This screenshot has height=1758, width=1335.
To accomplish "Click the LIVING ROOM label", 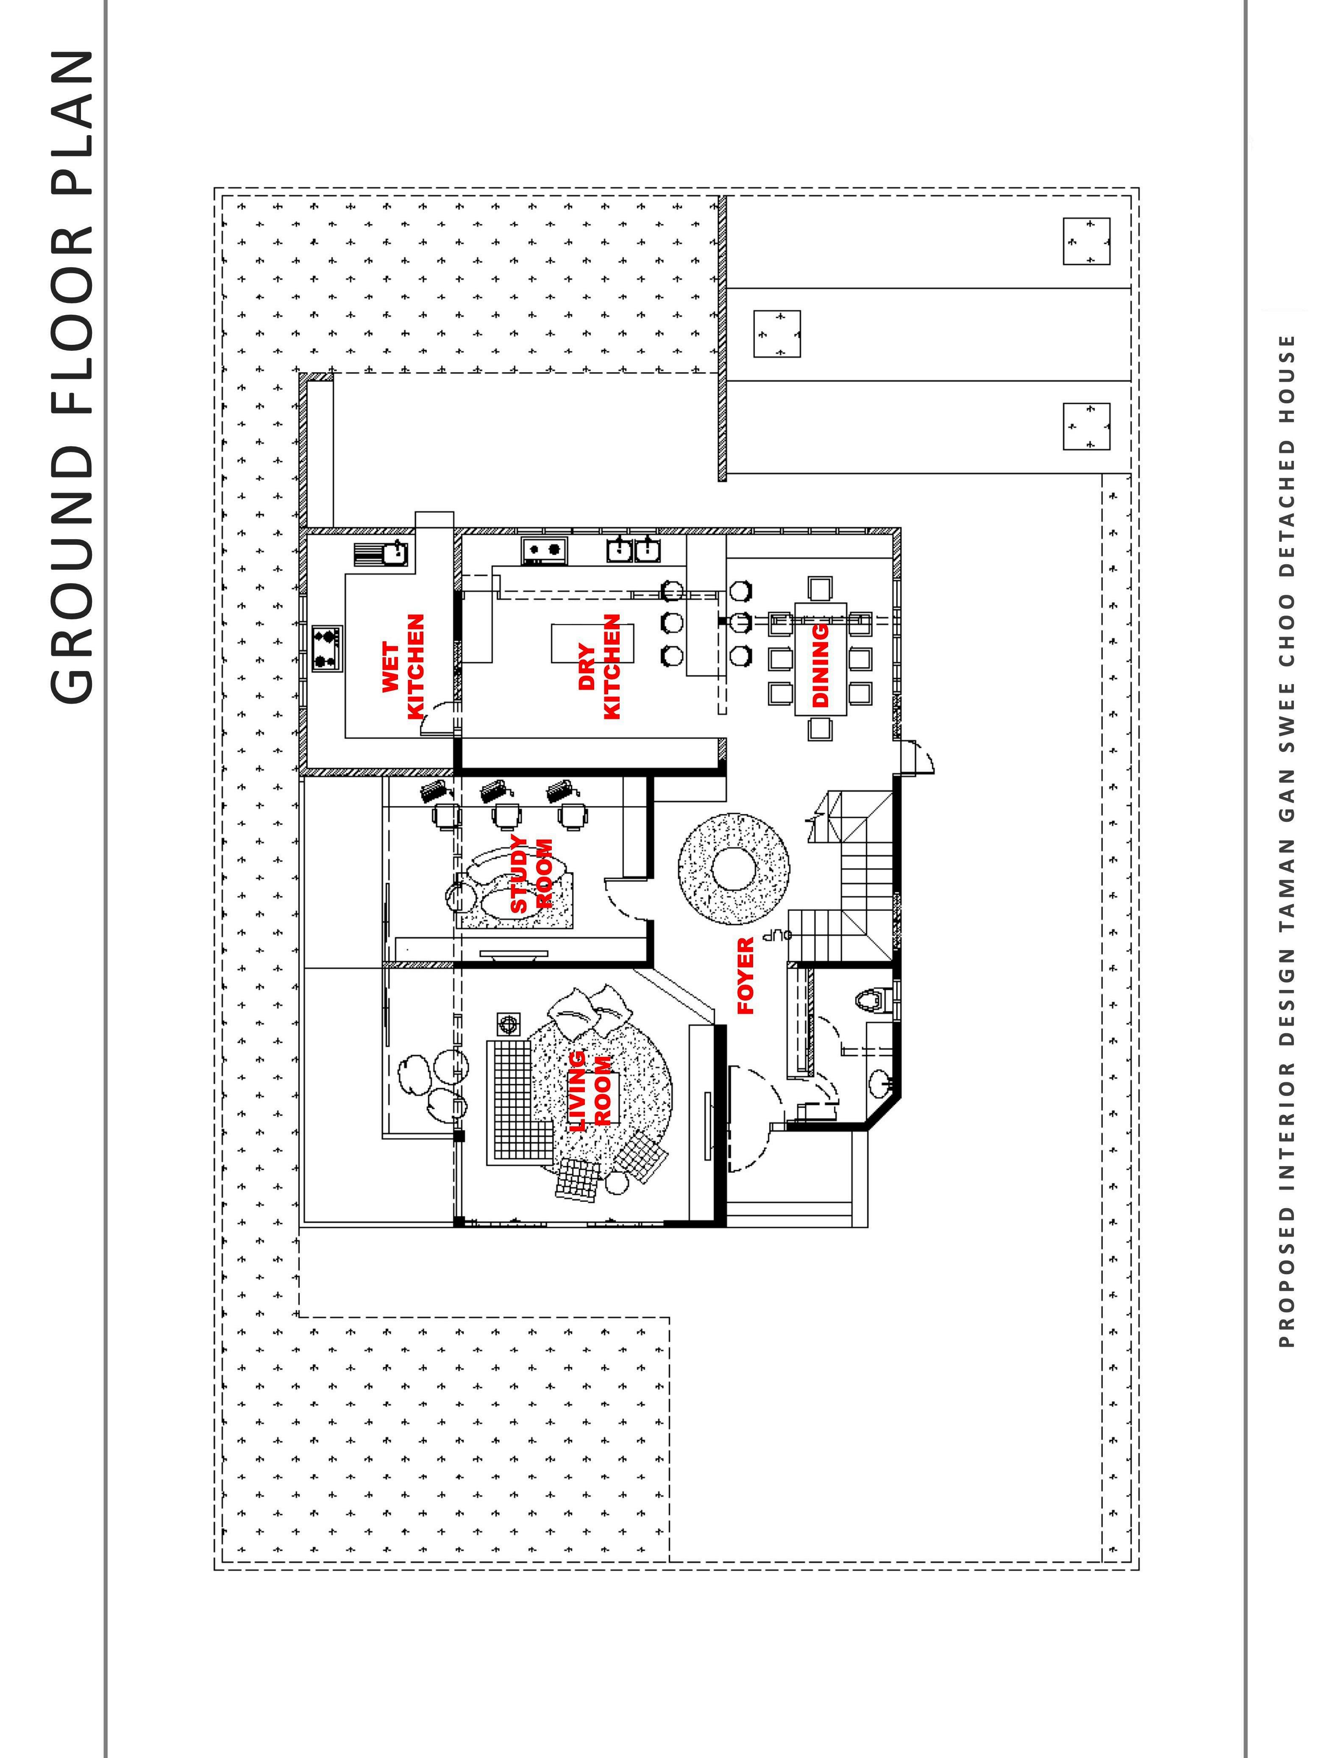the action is tap(590, 1090).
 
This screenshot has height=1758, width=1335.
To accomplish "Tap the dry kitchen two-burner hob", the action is tap(543, 549).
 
